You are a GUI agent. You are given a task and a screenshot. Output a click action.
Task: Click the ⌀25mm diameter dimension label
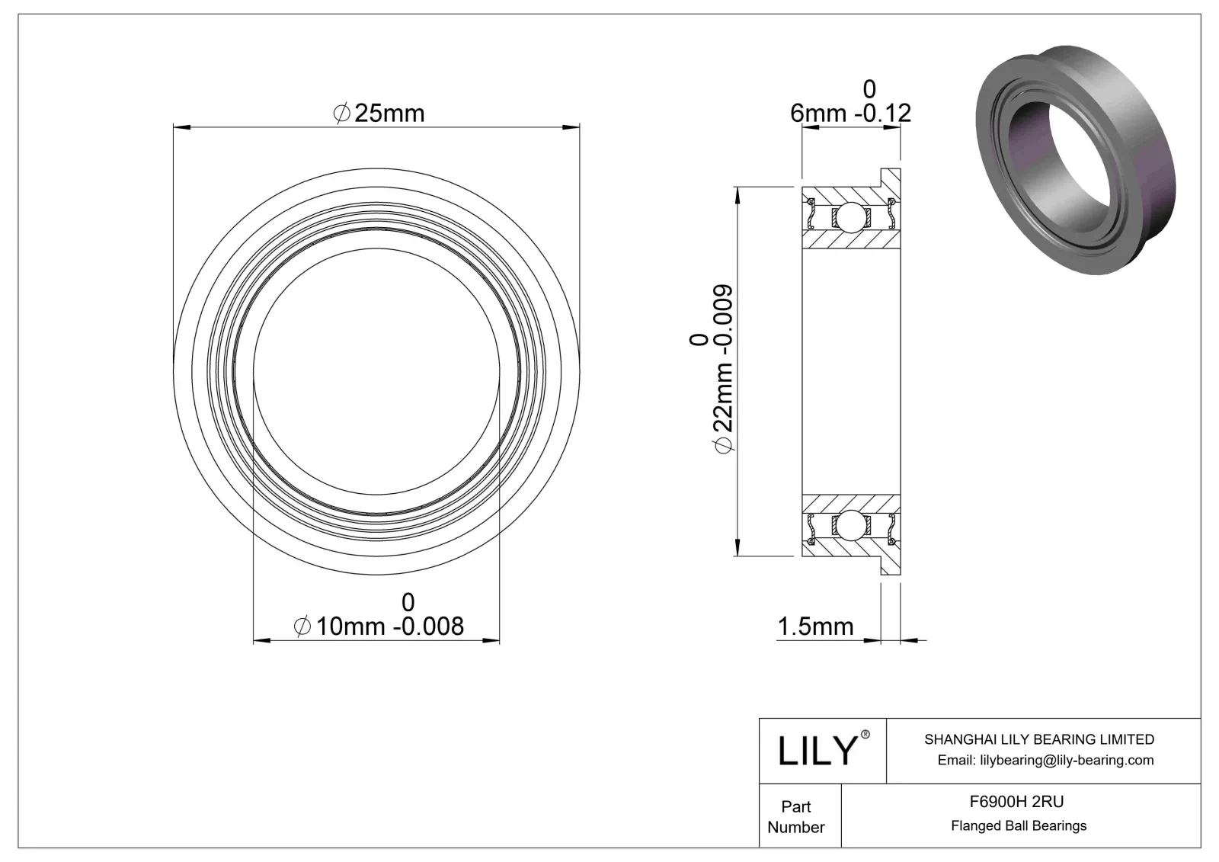[x=379, y=114]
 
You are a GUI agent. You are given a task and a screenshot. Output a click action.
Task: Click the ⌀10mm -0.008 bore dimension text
[x=379, y=626]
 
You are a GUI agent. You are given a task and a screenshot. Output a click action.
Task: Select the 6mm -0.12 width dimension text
[x=850, y=113]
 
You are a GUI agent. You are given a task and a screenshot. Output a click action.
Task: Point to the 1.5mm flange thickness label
[x=814, y=626]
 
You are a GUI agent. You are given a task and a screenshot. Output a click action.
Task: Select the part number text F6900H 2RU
[x=1016, y=801]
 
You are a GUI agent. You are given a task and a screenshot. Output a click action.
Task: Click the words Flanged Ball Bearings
[x=1018, y=825]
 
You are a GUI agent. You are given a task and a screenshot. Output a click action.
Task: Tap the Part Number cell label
[x=796, y=816]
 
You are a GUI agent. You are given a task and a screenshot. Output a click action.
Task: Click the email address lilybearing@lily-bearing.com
[x=1045, y=760]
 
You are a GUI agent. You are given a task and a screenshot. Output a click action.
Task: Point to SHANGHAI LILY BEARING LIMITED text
[x=1038, y=739]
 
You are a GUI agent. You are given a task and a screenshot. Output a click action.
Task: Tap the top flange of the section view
[x=891, y=178]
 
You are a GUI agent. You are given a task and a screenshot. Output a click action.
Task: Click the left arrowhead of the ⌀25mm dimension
[x=180, y=127]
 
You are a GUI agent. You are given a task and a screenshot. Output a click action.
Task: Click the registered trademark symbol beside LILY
[x=865, y=734]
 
